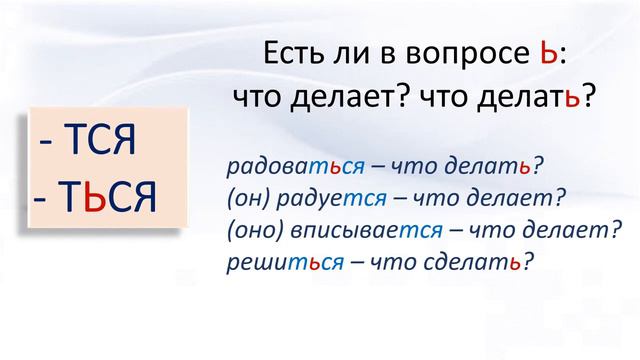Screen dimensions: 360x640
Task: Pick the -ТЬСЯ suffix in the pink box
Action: coord(95,198)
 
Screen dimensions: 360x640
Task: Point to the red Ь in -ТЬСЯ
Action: coord(92,198)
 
